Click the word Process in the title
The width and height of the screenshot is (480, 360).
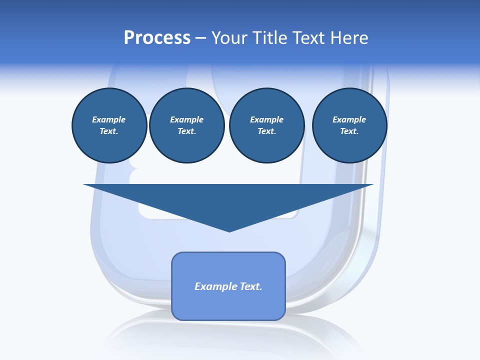[157, 38]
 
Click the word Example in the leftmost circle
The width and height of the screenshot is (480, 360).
[109, 119]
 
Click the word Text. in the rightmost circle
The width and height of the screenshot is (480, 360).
[349, 131]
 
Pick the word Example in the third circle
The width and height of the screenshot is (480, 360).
[267, 119]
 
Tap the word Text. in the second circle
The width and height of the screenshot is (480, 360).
[187, 131]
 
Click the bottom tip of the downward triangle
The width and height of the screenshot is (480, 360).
[229, 230]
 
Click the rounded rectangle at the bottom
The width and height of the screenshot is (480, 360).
[228, 305]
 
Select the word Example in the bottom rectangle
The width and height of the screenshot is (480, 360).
[214, 286]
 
